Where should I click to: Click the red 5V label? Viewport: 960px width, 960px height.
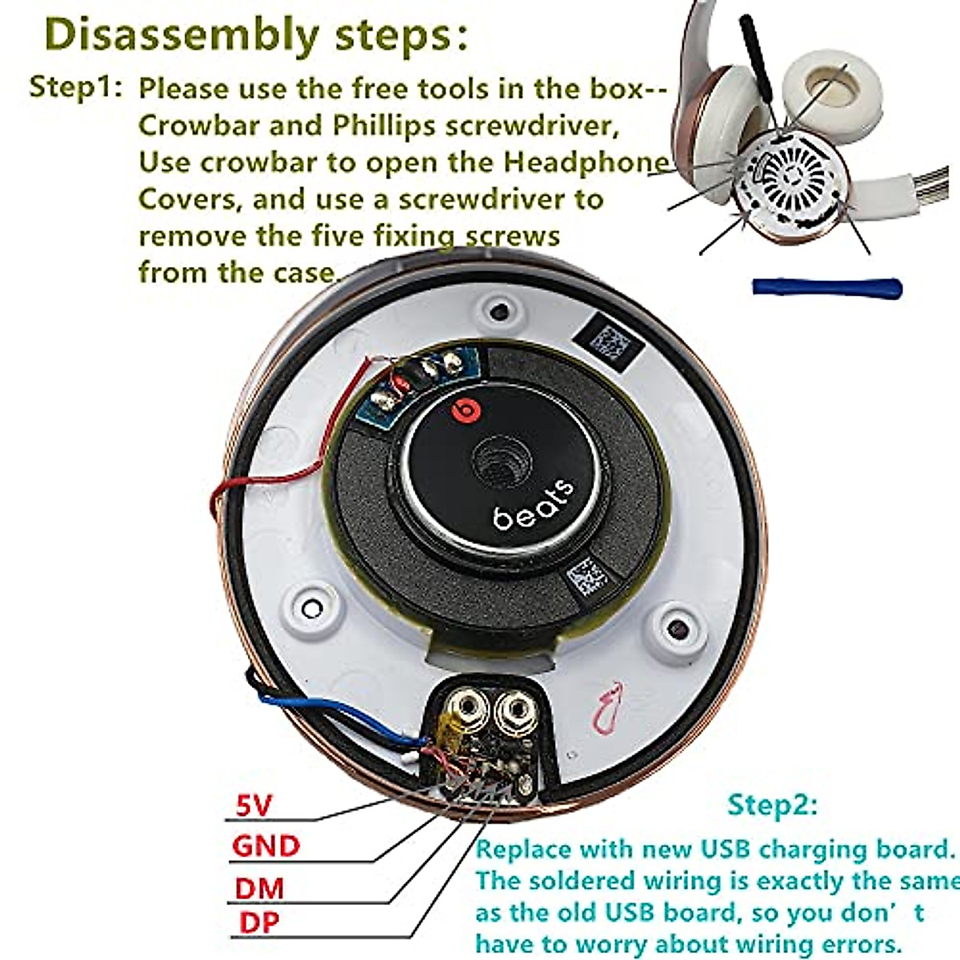(254, 805)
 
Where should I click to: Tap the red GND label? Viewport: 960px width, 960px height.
(266, 846)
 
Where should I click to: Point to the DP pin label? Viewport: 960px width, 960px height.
(259, 922)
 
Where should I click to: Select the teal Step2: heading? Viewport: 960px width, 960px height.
(773, 805)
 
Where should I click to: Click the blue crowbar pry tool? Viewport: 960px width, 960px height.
(826, 287)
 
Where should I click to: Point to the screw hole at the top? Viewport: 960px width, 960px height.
(499, 309)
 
